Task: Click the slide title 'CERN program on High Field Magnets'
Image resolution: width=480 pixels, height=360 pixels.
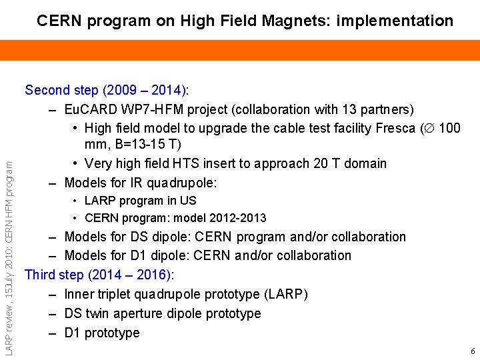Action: (x=245, y=21)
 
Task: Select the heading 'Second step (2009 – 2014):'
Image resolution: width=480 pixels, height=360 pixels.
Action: (x=107, y=89)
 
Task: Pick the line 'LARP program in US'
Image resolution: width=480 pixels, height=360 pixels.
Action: (x=140, y=200)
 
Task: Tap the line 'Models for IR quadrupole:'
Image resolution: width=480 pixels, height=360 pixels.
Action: (x=141, y=183)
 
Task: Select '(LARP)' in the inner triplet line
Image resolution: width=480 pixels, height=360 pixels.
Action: (x=286, y=294)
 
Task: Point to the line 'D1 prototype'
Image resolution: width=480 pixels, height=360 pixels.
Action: (x=102, y=333)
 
